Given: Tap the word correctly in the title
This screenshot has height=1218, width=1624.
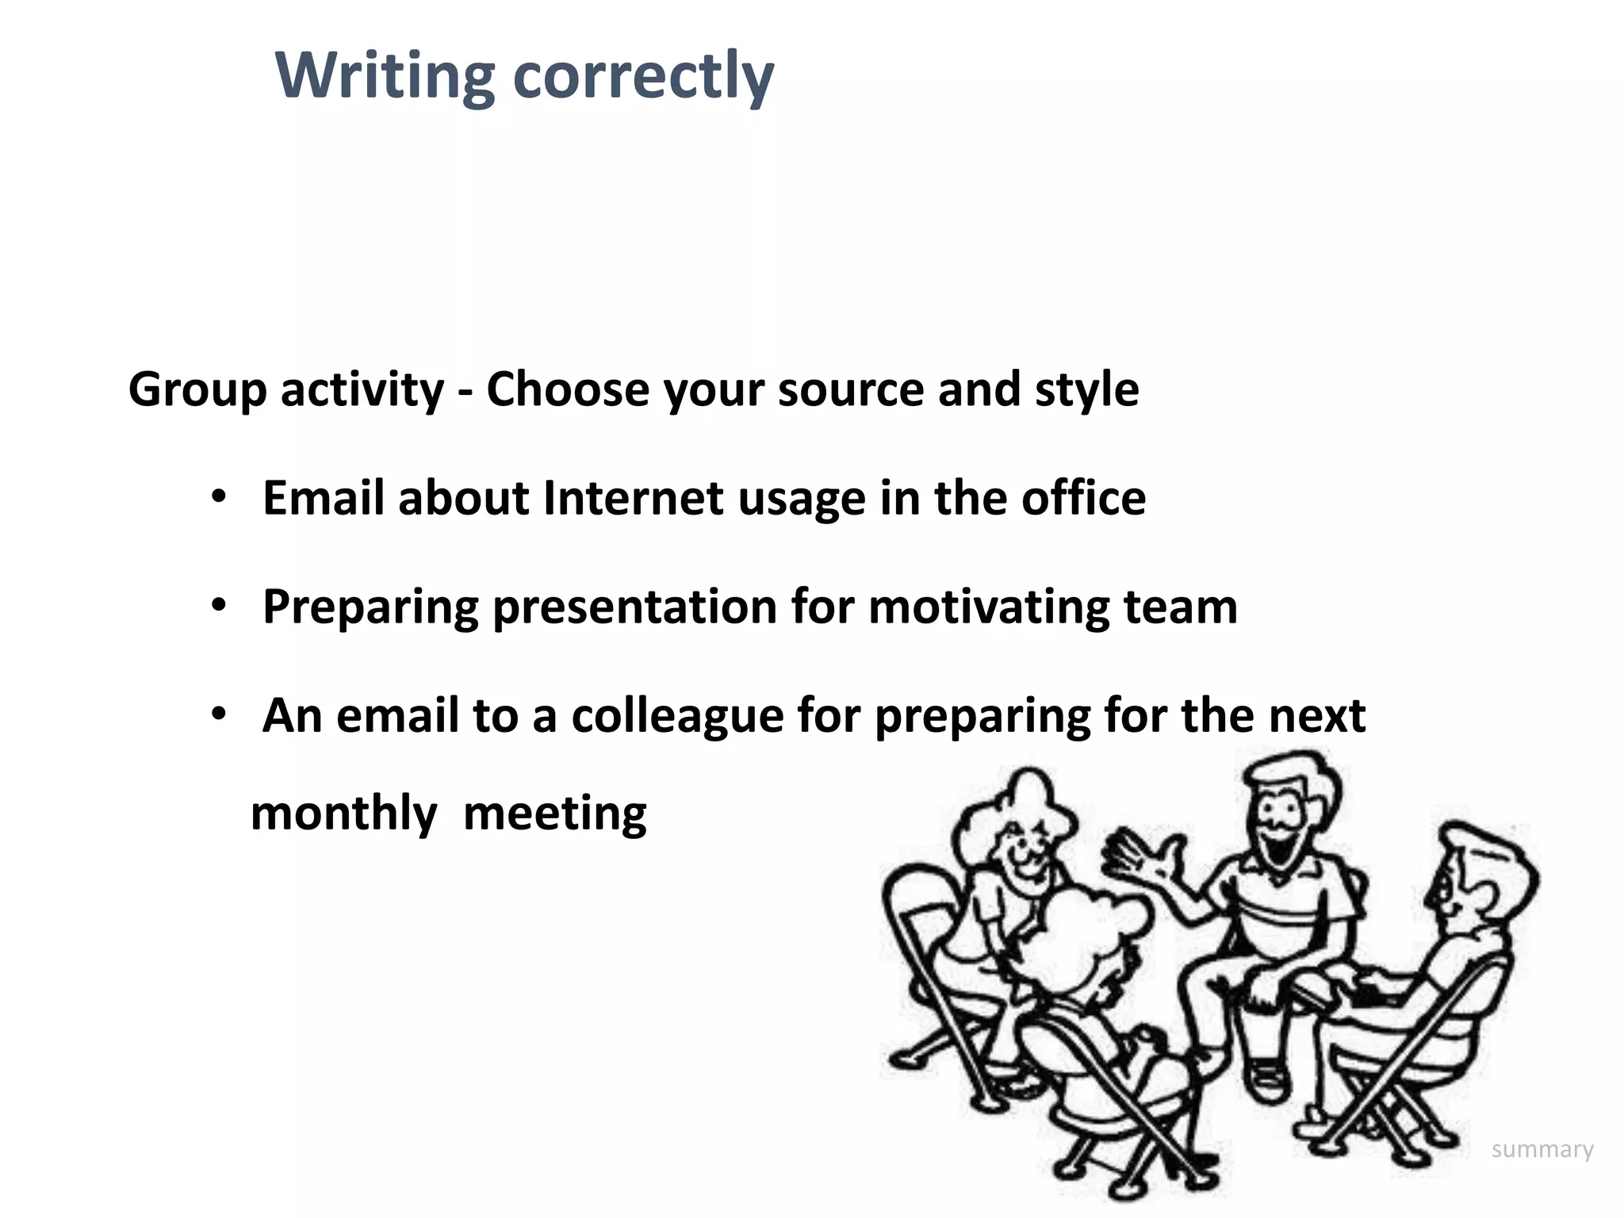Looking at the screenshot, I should point(643,77).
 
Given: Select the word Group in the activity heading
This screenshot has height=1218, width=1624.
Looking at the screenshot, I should point(197,390).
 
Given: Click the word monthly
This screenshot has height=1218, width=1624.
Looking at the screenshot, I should point(343,814).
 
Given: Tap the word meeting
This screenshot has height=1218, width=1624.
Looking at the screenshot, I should point(555,814).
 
